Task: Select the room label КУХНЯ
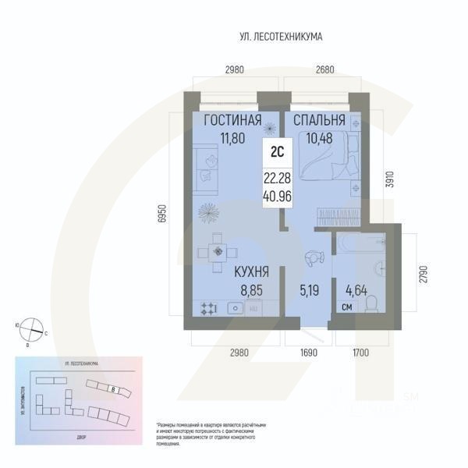pyautogui.click(x=250, y=272)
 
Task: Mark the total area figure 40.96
pyautogui.click(x=278, y=196)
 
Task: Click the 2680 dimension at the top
pyautogui.click(x=325, y=69)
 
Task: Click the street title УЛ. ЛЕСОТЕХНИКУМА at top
pyautogui.click(x=281, y=37)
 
